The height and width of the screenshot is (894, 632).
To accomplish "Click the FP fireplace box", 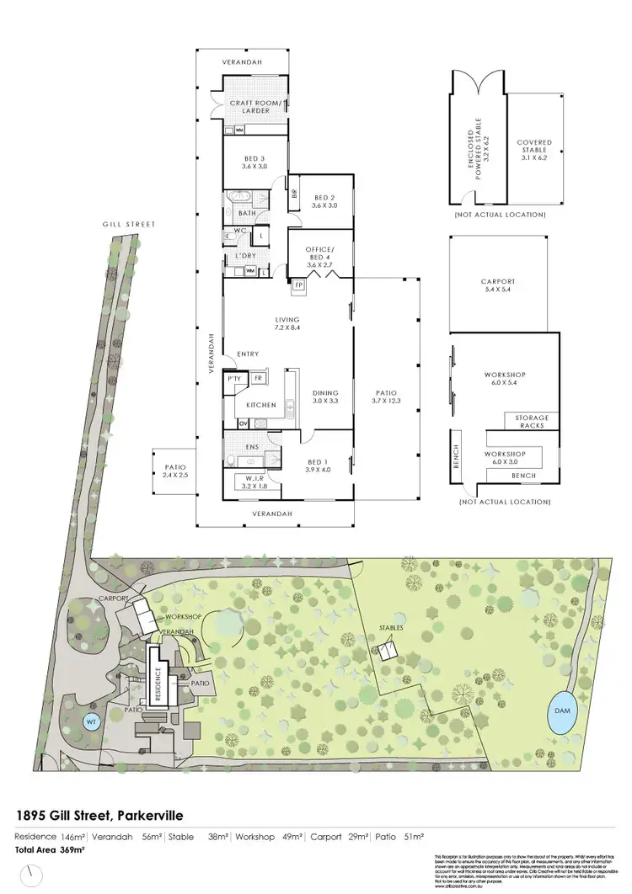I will point(298,285).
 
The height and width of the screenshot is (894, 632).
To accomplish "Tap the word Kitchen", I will point(261,405).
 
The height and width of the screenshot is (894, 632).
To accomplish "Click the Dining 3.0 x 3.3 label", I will point(324,397).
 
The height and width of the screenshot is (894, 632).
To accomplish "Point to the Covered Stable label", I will point(534,148).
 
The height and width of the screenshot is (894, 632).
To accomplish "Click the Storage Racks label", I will point(533,421).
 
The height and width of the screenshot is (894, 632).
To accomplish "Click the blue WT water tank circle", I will point(90,721).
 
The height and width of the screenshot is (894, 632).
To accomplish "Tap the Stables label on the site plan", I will point(391,628).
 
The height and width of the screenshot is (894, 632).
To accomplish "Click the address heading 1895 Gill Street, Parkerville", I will point(99,815).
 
